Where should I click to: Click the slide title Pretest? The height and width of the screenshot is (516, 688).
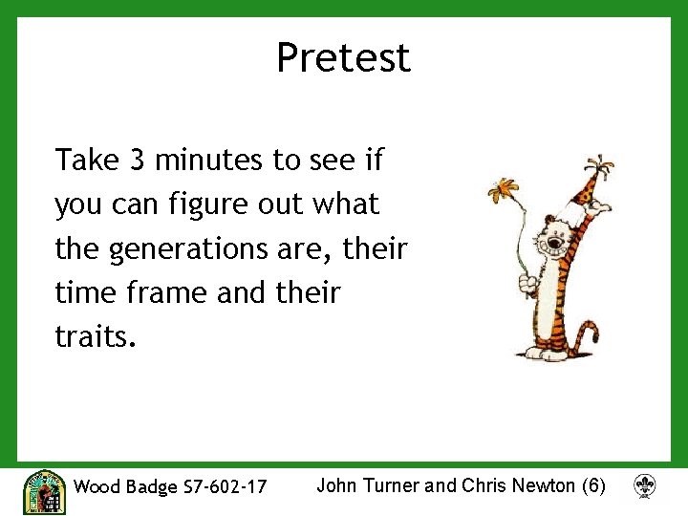343,57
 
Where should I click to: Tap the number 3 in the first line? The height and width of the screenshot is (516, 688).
138,160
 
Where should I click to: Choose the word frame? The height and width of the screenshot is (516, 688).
168,293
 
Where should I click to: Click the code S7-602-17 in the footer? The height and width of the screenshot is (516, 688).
225,487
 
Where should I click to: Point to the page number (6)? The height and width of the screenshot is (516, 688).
592,485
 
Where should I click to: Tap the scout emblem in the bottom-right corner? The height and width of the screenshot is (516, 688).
645,487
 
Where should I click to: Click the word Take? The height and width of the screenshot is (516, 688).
85,160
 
